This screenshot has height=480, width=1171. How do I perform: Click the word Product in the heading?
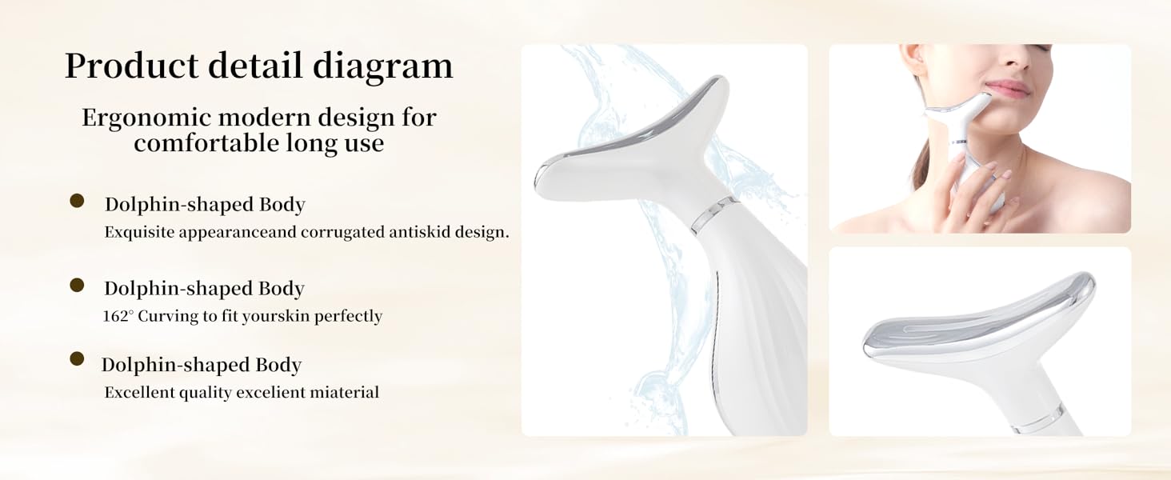(131, 66)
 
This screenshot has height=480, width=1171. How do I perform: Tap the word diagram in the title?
(383, 66)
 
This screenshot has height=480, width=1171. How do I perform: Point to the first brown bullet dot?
(77, 201)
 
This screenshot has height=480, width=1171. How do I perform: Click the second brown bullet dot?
(77, 285)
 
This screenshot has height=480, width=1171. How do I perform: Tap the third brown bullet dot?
(77, 359)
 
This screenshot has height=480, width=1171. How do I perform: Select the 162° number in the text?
(118, 316)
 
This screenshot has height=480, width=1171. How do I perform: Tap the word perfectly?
(348, 316)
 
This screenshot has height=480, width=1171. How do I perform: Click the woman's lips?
(1006, 88)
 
